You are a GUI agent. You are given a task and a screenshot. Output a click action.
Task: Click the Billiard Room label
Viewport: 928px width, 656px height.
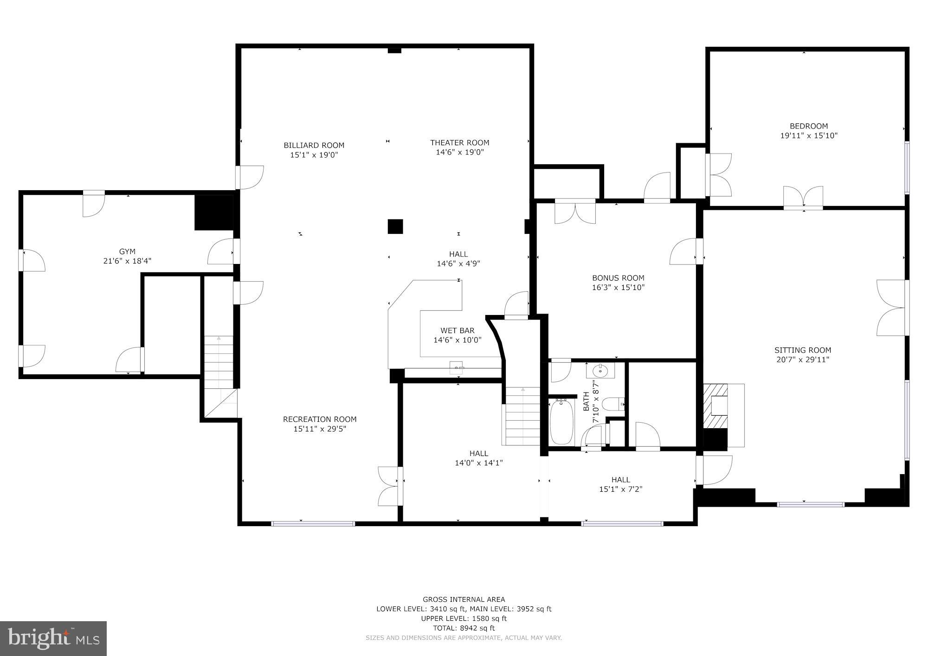[x=314, y=145]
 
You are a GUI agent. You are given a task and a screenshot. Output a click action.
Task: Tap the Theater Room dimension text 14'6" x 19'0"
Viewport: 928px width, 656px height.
[x=459, y=152]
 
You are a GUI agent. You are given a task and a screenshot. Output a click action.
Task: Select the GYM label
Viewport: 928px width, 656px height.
[x=127, y=251]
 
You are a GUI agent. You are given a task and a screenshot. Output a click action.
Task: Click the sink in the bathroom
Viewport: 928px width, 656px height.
[x=600, y=370]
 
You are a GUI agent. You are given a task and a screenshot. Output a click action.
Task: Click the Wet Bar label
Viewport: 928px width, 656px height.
[x=457, y=330]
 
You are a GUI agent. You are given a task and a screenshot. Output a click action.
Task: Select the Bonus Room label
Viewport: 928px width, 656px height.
[x=618, y=278]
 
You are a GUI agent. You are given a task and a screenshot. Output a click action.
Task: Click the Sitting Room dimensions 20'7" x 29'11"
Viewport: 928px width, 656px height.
[x=803, y=360]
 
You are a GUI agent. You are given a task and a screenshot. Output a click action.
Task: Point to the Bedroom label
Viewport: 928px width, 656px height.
[x=809, y=126]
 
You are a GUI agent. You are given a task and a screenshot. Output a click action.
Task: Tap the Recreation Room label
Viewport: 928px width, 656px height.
[x=320, y=419]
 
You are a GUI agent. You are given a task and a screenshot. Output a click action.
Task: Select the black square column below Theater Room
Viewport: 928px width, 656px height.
[x=395, y=226]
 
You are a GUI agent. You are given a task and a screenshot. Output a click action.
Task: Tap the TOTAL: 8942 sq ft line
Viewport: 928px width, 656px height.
[x=464, y=628]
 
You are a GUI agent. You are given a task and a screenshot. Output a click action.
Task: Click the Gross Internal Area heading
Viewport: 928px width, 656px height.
[x=464, y=599]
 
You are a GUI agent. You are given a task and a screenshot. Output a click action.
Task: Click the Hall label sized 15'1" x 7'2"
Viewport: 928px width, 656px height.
[x=620, y=480]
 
